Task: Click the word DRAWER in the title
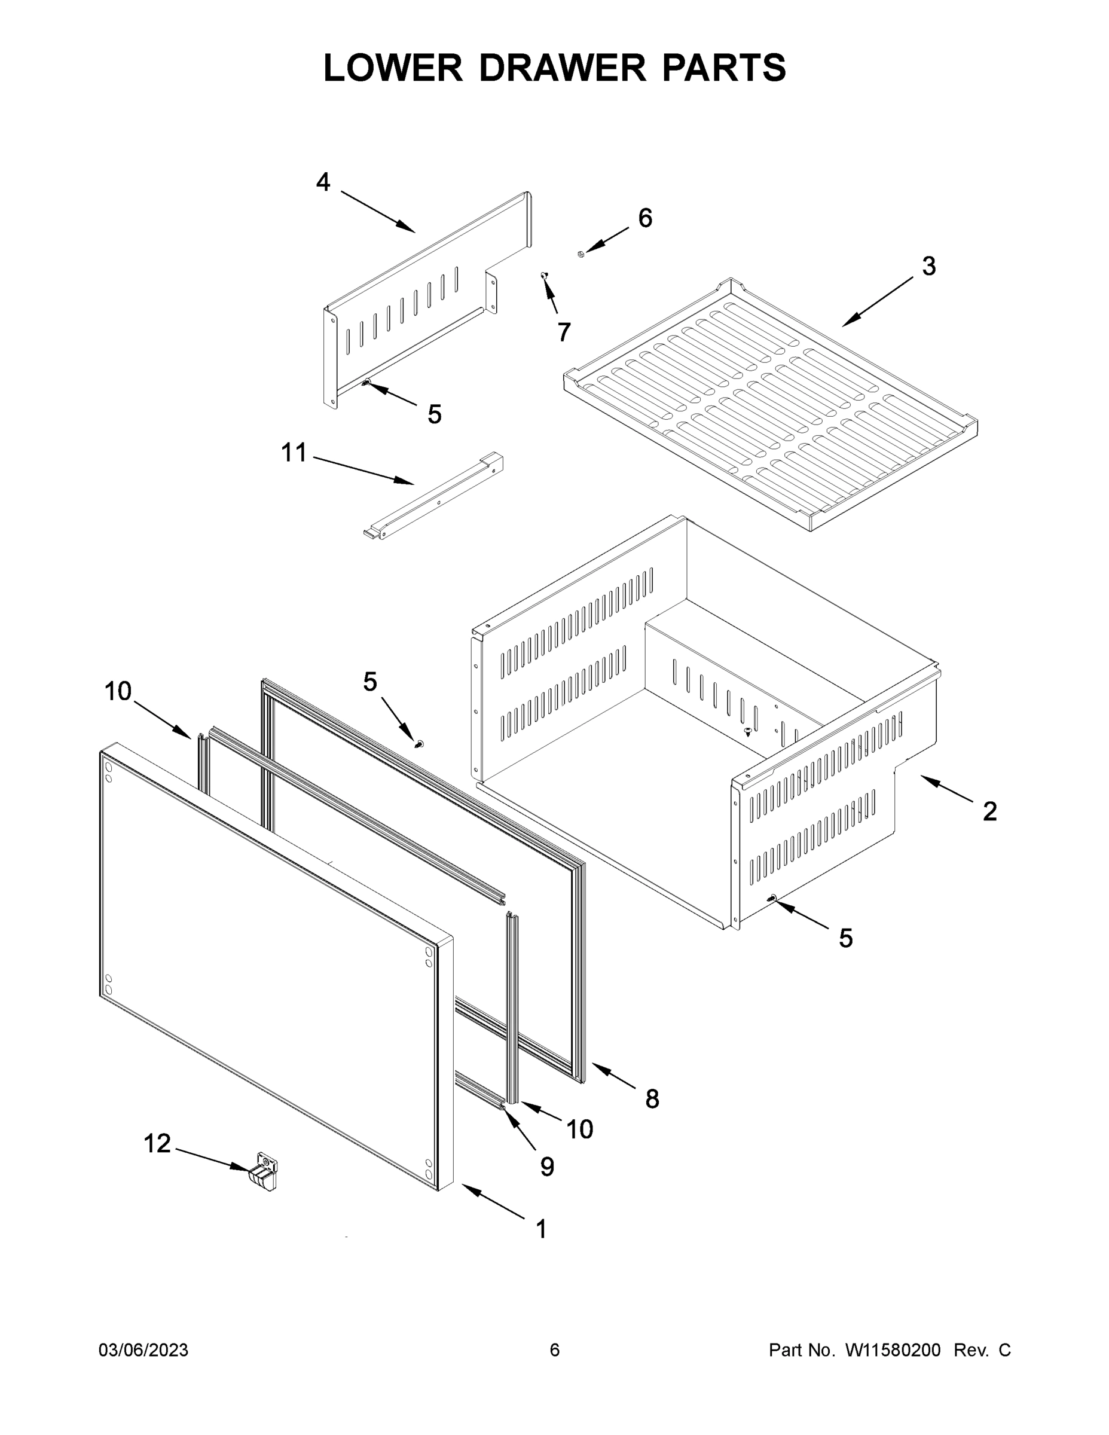tap(563, 68)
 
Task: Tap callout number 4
tap(323, 182)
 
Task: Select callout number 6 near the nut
tap(645, 218)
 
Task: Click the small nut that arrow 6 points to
tap(581, 254)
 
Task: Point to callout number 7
tap(564, 332)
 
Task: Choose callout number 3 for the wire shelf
tap(928, 266)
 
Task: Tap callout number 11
tap(294, 453)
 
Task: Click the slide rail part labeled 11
tap(433, 496)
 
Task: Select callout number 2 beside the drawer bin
tap(989, 811)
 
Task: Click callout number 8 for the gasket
tap(652, 1098)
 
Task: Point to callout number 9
tap(546, 1167)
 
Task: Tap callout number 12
tap(157, 1144)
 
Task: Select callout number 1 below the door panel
tap(542, 1229)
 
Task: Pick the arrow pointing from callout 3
tap(877, 301)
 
